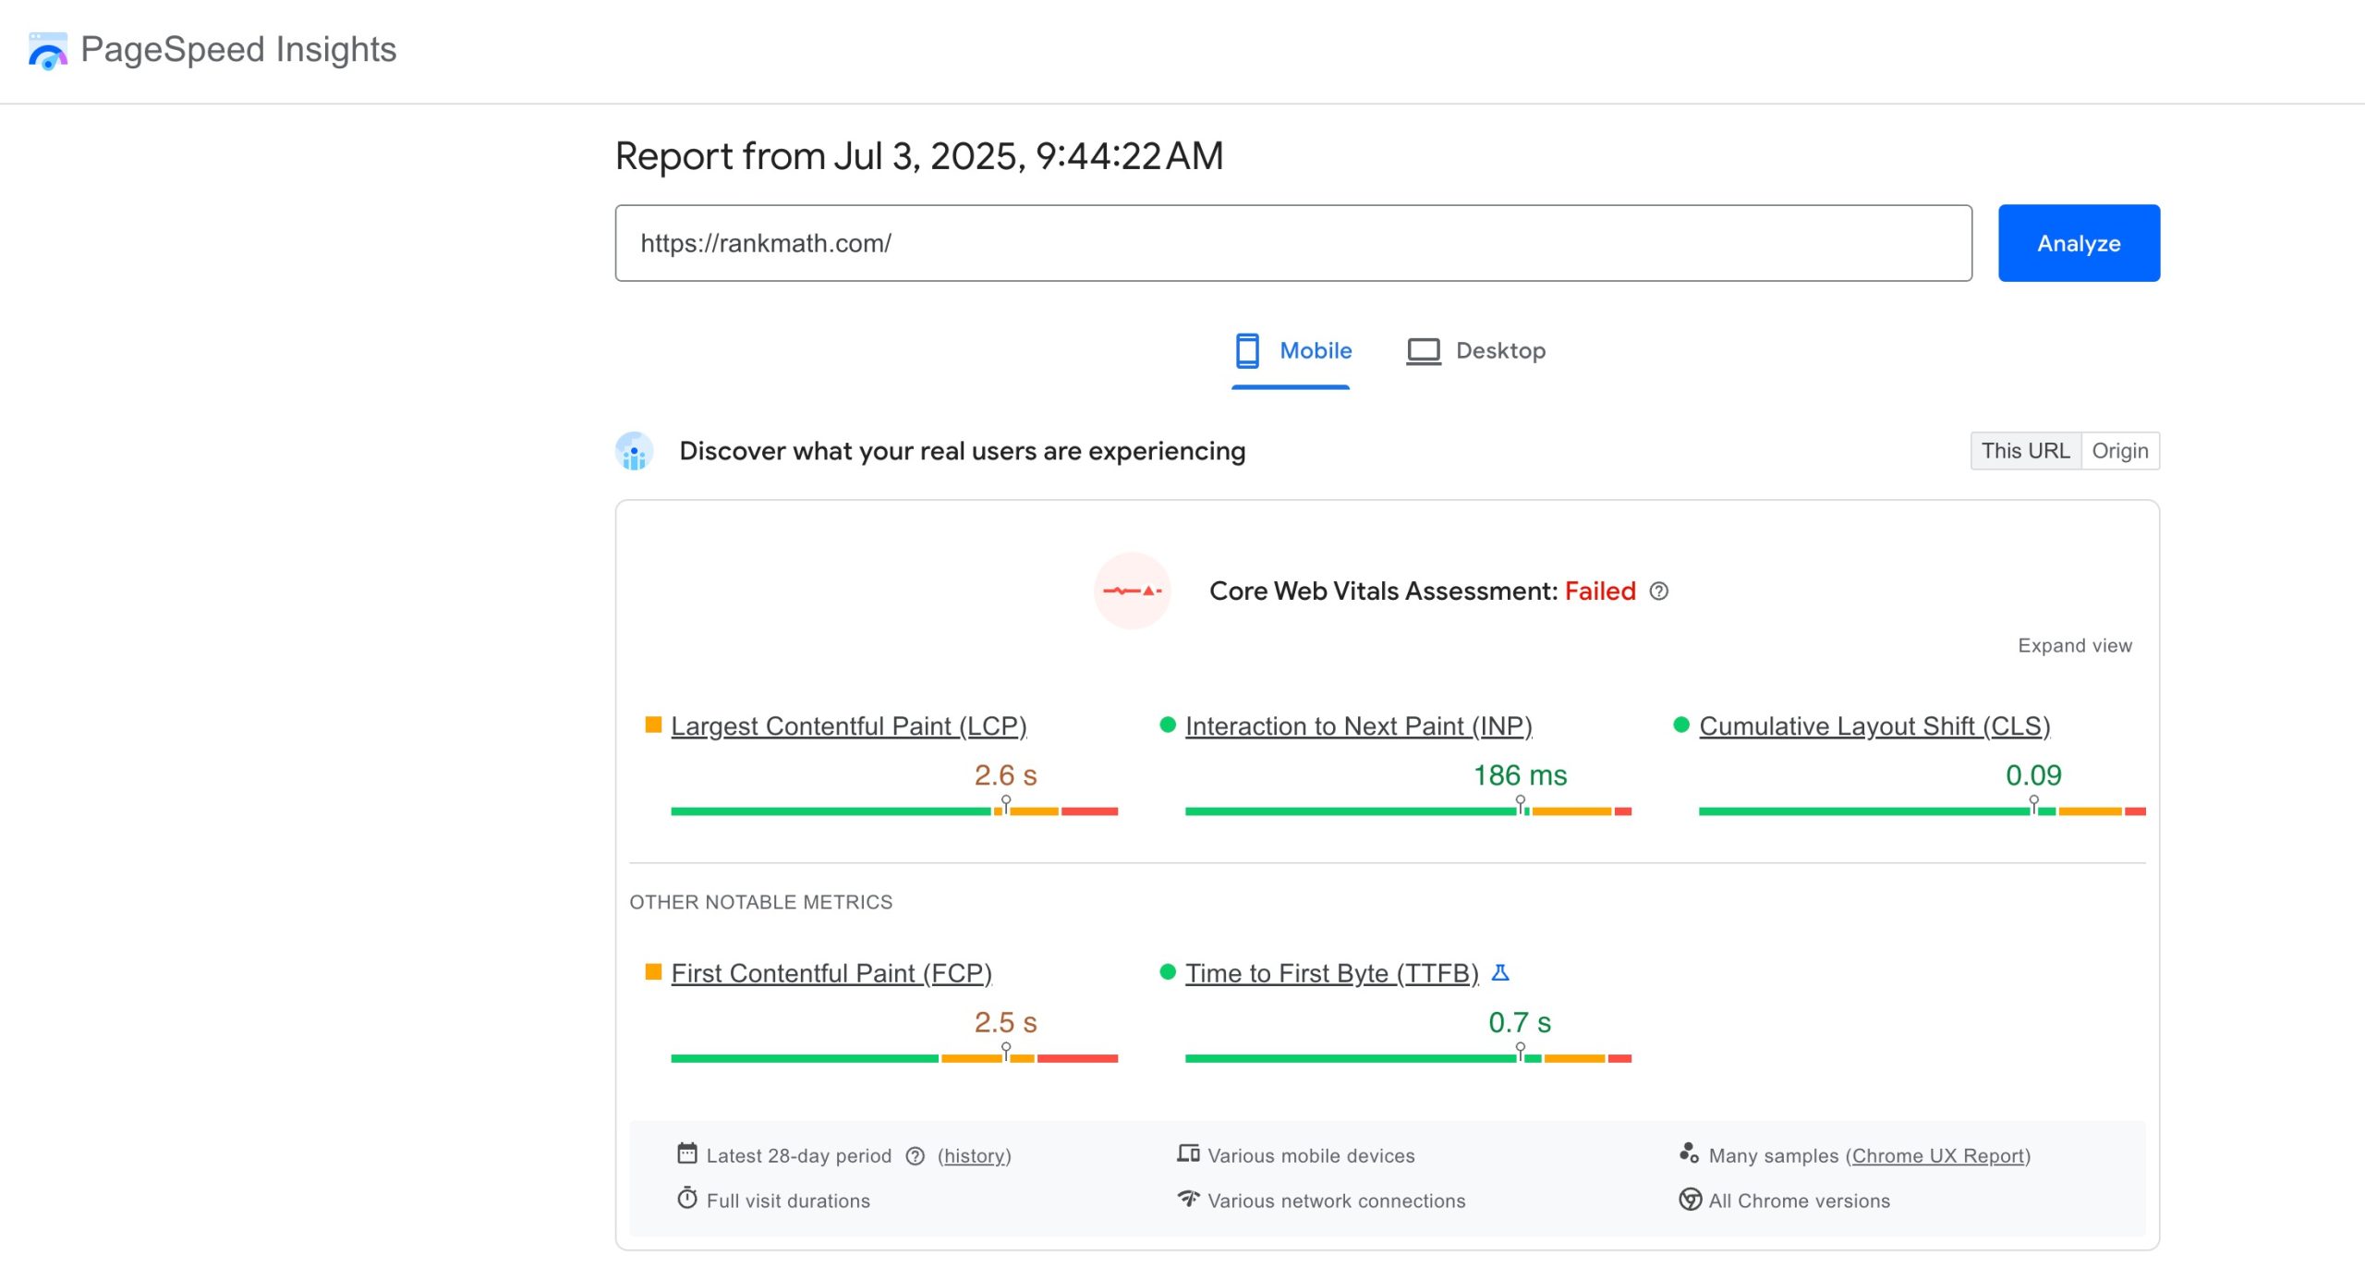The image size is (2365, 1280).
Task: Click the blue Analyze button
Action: point(2078,243)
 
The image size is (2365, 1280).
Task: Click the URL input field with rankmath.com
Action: point(1292,243)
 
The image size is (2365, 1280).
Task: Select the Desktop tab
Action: point(1475,351)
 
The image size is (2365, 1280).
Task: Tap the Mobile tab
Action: point(1292,351)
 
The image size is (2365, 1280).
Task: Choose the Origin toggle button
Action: point(2119,451)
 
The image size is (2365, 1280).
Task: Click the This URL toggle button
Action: point(2024,451)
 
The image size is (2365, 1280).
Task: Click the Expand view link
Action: point(2074,646)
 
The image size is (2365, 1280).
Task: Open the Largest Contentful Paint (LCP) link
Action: point(848,726)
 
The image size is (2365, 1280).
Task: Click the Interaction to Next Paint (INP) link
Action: point(1358,726)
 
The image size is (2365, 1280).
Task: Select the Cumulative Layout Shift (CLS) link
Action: point(1874,726)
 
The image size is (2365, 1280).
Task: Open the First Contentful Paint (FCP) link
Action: point(831,973)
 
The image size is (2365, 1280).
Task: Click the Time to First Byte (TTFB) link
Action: point(1331,973)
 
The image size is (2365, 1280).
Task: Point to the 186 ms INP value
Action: point(1520,775)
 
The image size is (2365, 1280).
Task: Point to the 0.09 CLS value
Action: point(2032,775)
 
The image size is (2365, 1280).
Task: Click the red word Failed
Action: point(1599,591)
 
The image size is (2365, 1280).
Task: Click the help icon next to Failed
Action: point(1659,591)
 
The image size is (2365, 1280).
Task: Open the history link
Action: point(974,1156)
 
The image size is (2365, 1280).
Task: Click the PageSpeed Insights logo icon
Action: point(47,50)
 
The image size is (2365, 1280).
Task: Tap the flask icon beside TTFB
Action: point(1500,972)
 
